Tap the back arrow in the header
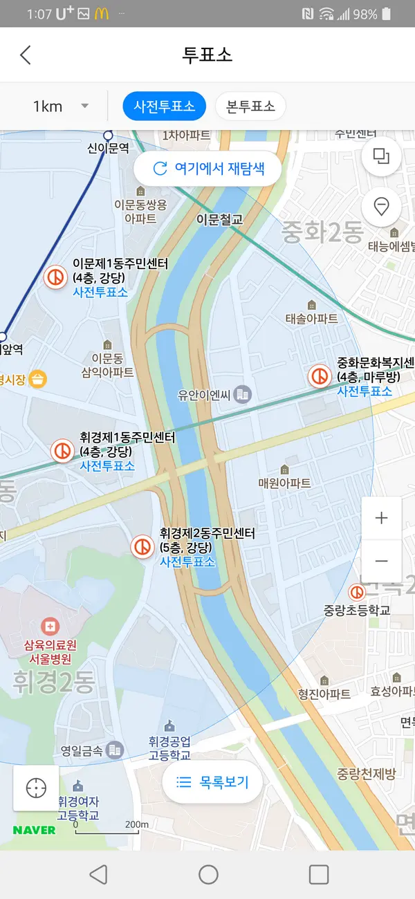26,55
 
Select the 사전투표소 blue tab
164,106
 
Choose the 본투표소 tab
250,106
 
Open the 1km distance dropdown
61,106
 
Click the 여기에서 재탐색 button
207,168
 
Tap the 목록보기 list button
212,782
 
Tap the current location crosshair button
36,788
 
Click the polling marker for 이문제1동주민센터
55,277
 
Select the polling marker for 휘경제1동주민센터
62,451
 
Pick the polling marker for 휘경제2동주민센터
142,547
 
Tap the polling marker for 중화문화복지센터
320,376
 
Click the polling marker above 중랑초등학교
357,592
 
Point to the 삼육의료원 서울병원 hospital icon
50,627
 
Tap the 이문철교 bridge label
219,219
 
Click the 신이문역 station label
108,148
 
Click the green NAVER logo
34,830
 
